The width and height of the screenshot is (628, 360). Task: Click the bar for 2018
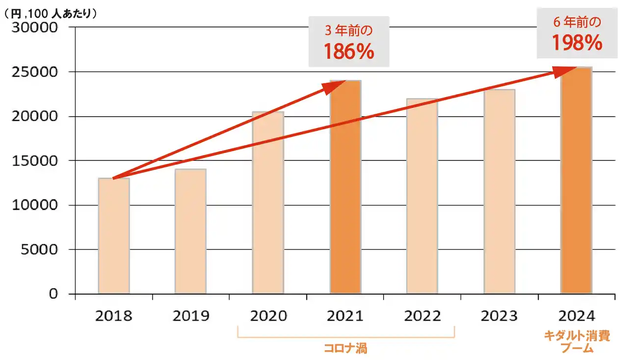[114, 236]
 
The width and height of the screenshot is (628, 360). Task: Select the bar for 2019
[190, 231]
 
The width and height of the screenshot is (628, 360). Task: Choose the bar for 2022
[422, 196]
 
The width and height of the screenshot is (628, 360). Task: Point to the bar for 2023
[499, 192]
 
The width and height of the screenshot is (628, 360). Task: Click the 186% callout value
[349, 51]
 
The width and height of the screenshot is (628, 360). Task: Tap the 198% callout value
[576, 43]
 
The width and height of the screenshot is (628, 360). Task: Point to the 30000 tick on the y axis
[35, 27]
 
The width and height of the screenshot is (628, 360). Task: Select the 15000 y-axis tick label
[35, 160]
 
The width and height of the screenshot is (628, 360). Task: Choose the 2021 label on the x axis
[345, 315]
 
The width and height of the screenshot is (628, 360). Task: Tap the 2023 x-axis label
[499, 315]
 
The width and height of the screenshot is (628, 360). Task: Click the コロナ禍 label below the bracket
[345, 349]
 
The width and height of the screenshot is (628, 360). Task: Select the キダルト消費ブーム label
[576, 342]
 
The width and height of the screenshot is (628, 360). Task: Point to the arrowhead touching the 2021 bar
[339, 85]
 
